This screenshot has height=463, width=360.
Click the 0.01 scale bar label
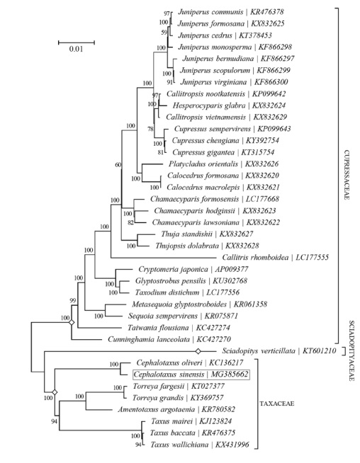(76, 49)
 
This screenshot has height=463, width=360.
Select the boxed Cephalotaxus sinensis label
(191, 375)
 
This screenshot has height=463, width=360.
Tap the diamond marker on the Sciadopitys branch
(198, 351)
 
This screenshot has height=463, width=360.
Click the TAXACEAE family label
(276, 404)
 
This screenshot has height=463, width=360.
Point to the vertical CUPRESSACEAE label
(347, 175)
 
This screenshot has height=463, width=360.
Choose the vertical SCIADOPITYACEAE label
(351, 351)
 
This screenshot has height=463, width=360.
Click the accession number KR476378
(267, 12)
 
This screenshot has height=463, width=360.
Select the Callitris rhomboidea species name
(255, 258)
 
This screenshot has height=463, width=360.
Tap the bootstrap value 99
(73, 301)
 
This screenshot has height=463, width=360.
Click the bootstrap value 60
(118, 165)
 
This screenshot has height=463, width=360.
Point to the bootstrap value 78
(150, 129)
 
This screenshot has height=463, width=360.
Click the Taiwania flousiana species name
(158, 328)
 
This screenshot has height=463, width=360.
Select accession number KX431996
(232, 445)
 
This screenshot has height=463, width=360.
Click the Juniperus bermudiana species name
(218, 59)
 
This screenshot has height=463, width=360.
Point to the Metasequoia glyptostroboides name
(179, 304)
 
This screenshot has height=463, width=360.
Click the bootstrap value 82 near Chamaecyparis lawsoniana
(130, 222)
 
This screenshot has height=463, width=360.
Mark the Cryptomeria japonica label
(173, 269)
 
